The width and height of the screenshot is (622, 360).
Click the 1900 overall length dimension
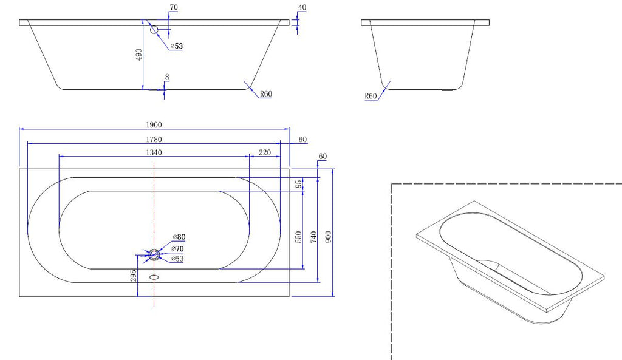[x=154, y=125]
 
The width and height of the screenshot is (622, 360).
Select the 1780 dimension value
[x=154, y=140]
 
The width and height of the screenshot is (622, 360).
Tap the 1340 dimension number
[x=154, y=152]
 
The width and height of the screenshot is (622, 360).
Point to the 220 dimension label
[x=265, y=152]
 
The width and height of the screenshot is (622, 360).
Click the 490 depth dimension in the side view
[x=138, y=55]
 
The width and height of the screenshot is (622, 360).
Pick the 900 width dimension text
[x=328, y=237]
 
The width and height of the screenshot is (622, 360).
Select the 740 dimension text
[x=314, y=237]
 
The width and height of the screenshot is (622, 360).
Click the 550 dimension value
[x=299, y=237]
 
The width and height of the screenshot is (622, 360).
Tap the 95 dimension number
[x=299, y=184]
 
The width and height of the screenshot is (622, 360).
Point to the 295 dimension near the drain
[x=133, y=276]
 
